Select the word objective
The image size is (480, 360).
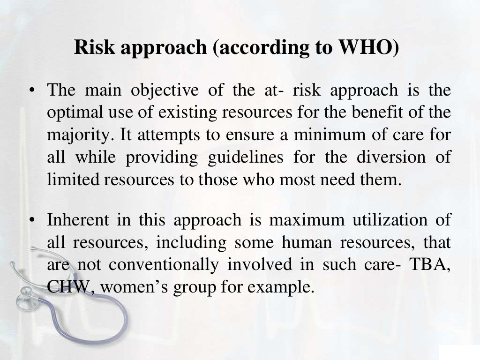[x=165, y=90]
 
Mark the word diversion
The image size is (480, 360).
[x=391, y=157]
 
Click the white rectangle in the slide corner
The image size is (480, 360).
[x=459, y=352]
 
